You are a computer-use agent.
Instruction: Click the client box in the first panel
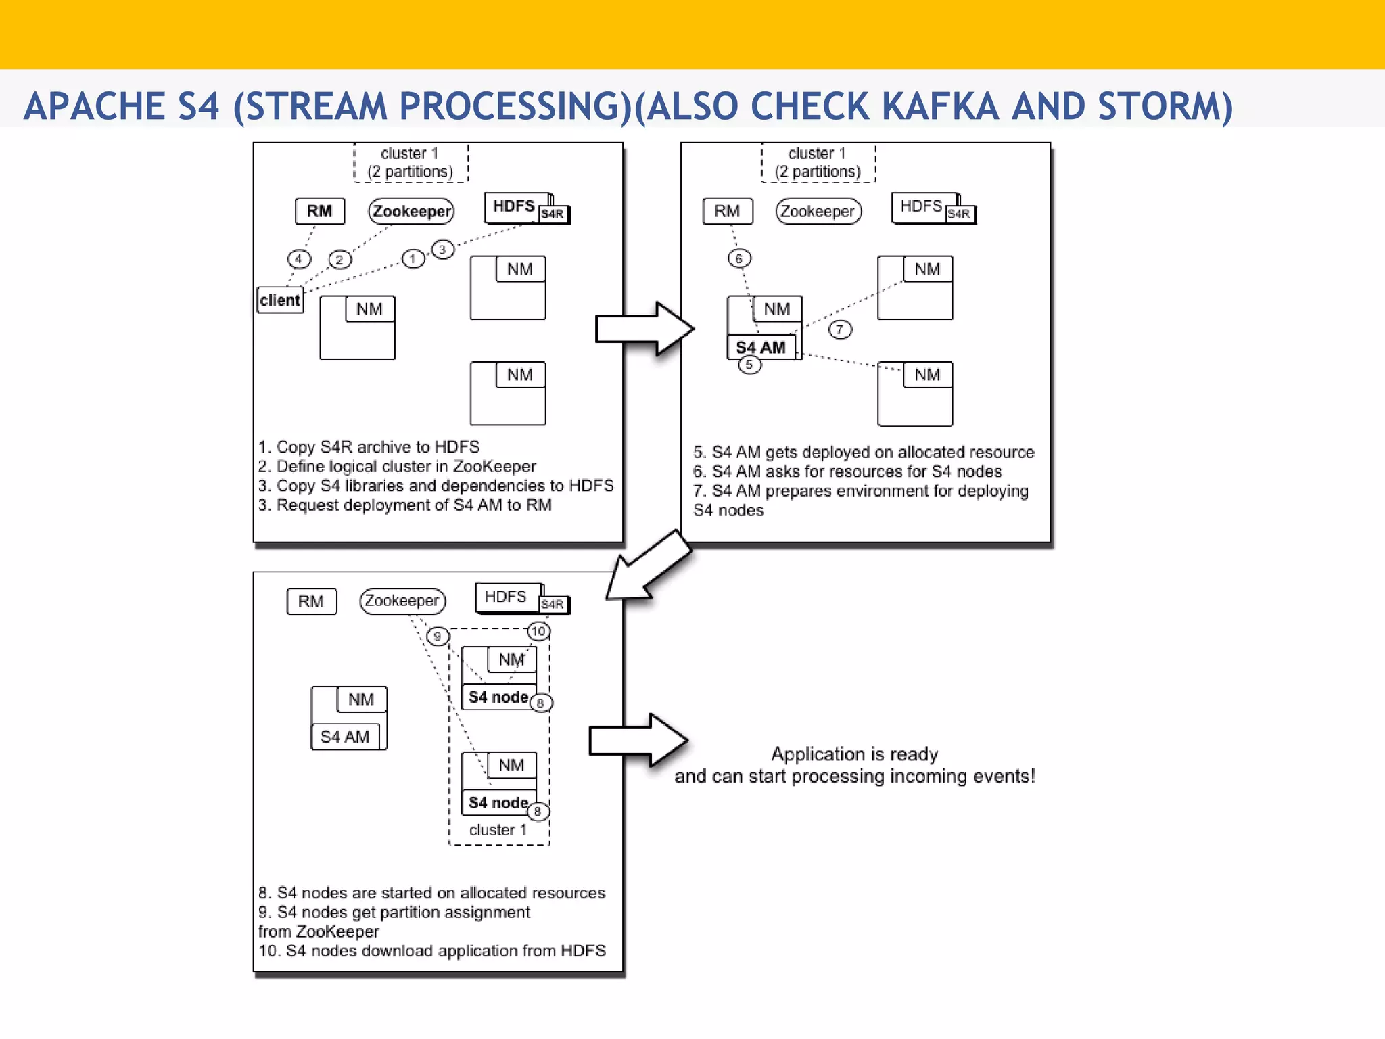point(280,300)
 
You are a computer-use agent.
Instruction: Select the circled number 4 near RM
point(298,258)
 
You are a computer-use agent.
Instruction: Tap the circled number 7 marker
point(840,329)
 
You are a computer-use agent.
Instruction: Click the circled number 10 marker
point(538,631)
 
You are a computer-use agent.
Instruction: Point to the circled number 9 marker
point(438,636)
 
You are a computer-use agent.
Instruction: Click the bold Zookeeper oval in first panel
point(411,211)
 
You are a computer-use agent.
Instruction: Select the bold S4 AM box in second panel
point(761,347)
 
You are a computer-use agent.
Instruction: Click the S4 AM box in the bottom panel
point(345,736)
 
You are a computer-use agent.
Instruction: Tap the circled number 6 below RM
point(739,258)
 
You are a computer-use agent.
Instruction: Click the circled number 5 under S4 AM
point(749,365)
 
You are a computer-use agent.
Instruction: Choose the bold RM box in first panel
point(319,211)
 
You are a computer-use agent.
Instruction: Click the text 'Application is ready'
point(854,754)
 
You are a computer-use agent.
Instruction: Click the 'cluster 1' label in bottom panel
point(498,830)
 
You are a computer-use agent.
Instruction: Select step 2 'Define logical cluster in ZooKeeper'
point(397,466)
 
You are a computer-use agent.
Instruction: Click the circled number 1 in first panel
point(413,258)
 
